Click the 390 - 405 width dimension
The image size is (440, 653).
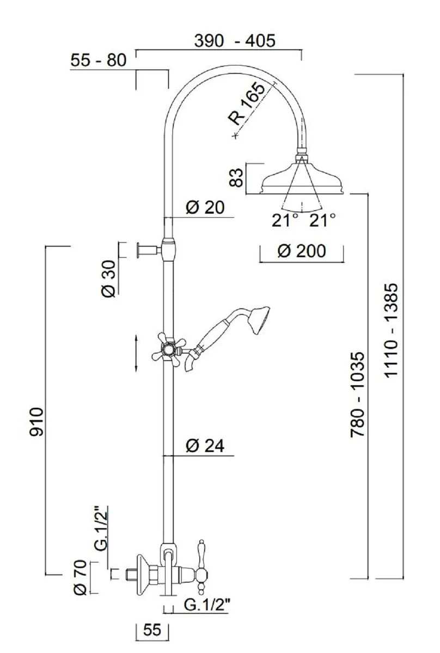(x=235, y=41)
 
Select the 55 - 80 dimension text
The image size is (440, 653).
(x=99, y=60)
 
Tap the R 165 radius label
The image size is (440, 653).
(x=247, y=103)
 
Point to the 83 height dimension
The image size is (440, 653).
(x=236, y=177)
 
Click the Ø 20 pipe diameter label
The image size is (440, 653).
(x=205, y=207)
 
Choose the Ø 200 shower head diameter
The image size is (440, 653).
(x=302, y=251)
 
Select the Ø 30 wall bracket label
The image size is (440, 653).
(x=109, y=279)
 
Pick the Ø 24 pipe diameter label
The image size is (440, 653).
(x=205, y=446)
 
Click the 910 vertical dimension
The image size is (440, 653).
(x=36, y=422)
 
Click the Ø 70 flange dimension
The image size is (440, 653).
(x=80, y=577)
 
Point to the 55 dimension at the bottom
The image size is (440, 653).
(x=152, y=629)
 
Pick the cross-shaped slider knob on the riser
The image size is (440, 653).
(x=169, y=349)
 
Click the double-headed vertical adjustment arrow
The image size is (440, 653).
(x=136, y=354)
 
